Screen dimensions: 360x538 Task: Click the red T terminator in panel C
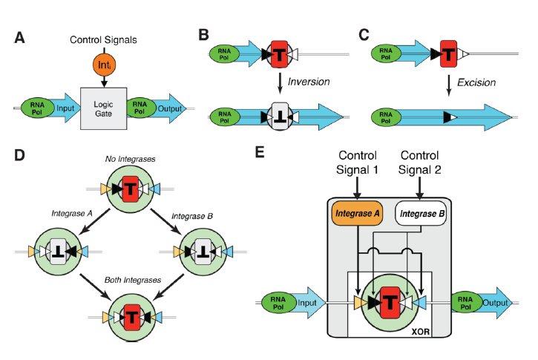click(x=447, y=53)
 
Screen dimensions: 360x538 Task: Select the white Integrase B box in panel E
click(x=419, y=214)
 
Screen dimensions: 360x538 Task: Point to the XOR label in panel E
click(x=417, y=331)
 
